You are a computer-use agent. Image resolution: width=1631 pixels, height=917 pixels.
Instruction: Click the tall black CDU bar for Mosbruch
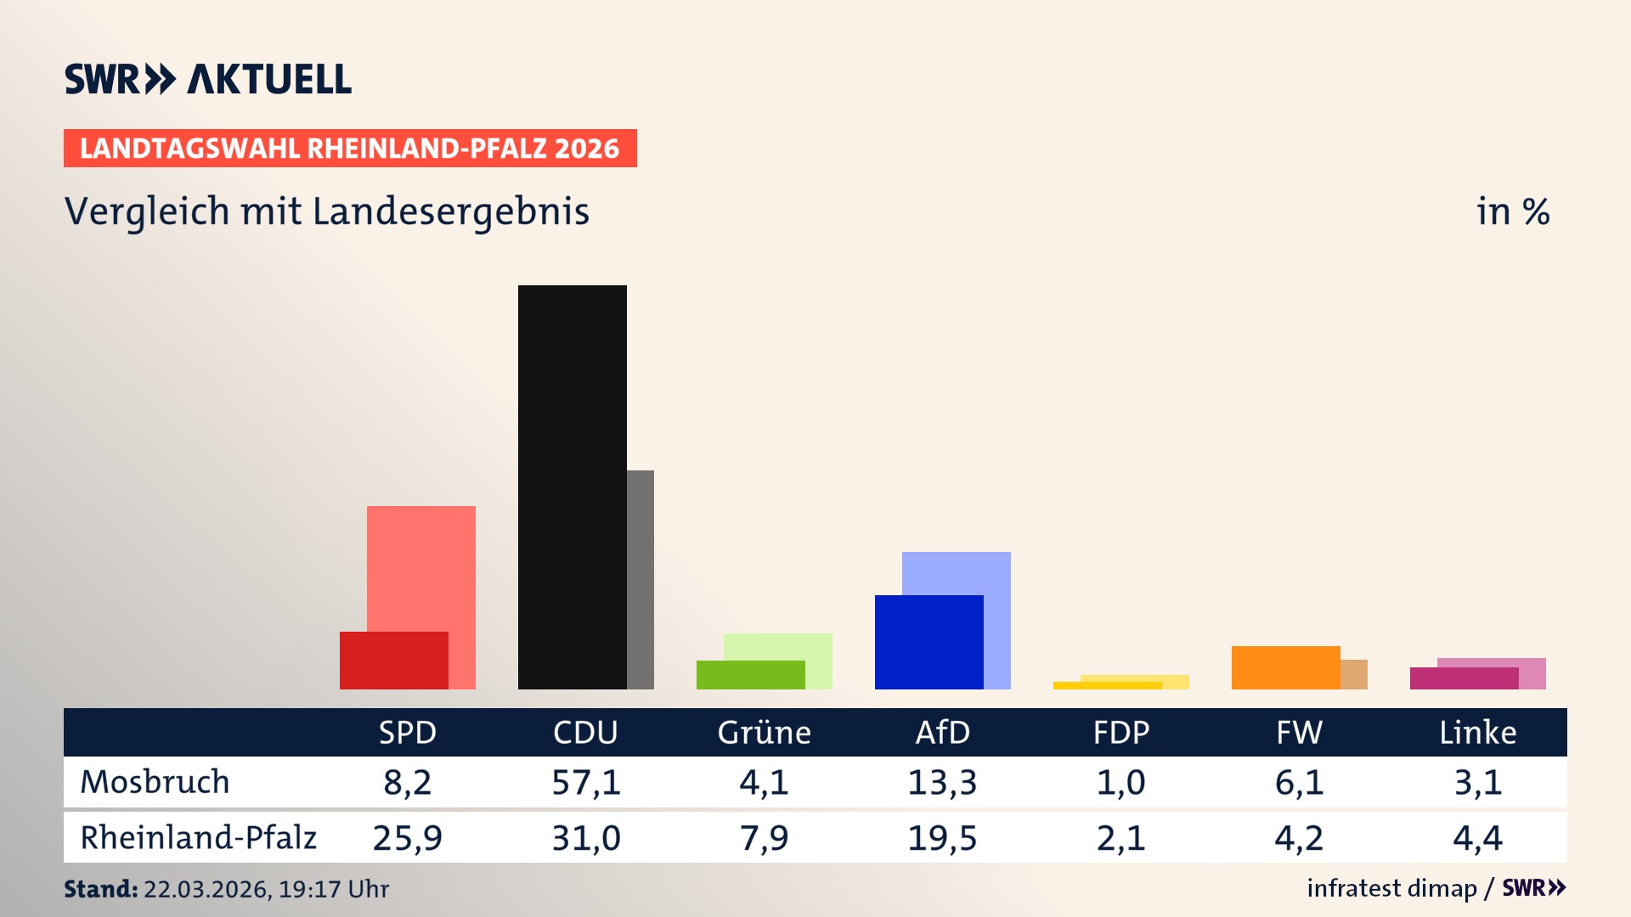[572, 487]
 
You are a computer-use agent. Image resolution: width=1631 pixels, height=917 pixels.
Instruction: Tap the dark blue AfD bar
[928, 642]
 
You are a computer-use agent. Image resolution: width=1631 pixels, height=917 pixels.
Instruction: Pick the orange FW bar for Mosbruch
[1285, 667]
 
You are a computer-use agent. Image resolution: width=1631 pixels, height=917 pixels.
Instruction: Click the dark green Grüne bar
[750, 675]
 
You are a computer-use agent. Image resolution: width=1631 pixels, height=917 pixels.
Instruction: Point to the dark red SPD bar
[393, 661]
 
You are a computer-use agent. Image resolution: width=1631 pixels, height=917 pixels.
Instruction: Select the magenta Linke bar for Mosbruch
[1464, 678]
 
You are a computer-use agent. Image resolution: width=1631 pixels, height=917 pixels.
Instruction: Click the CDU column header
[585, 732]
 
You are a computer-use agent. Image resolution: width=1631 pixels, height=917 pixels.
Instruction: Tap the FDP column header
[1120, 732]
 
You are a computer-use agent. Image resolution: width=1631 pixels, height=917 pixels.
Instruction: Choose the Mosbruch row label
[155, 782]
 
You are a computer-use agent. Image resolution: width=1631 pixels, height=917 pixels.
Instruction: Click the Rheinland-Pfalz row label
[198, 838]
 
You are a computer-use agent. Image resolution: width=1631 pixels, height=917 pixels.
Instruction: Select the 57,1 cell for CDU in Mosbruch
[585, 782]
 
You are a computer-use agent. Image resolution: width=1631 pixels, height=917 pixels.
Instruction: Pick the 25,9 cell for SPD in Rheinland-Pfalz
[407, 838]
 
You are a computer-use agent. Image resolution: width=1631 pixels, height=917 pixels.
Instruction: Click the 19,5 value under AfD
[942, 838]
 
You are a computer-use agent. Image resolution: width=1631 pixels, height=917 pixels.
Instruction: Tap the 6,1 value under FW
[1299, 782]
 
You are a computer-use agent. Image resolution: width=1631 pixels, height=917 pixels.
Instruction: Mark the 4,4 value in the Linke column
[1477, 838]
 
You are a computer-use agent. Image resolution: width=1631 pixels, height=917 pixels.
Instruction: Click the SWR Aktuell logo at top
[208, 79]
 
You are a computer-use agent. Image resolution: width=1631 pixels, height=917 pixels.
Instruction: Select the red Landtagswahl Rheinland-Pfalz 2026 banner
[350, 149]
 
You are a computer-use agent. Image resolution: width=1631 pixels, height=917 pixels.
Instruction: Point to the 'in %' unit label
[1512, 212]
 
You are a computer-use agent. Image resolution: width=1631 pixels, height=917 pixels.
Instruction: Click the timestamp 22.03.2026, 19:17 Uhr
[266, 889]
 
